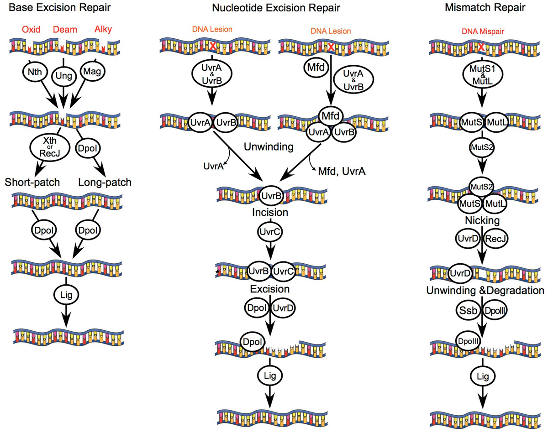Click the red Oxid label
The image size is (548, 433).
[x=31, y=30]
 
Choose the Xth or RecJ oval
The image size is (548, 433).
[x=47, y=148]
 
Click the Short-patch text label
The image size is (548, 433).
[x=33, y=183]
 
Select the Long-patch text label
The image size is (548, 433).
[x=105, y=183]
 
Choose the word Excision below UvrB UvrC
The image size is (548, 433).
[x=269, y=289]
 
